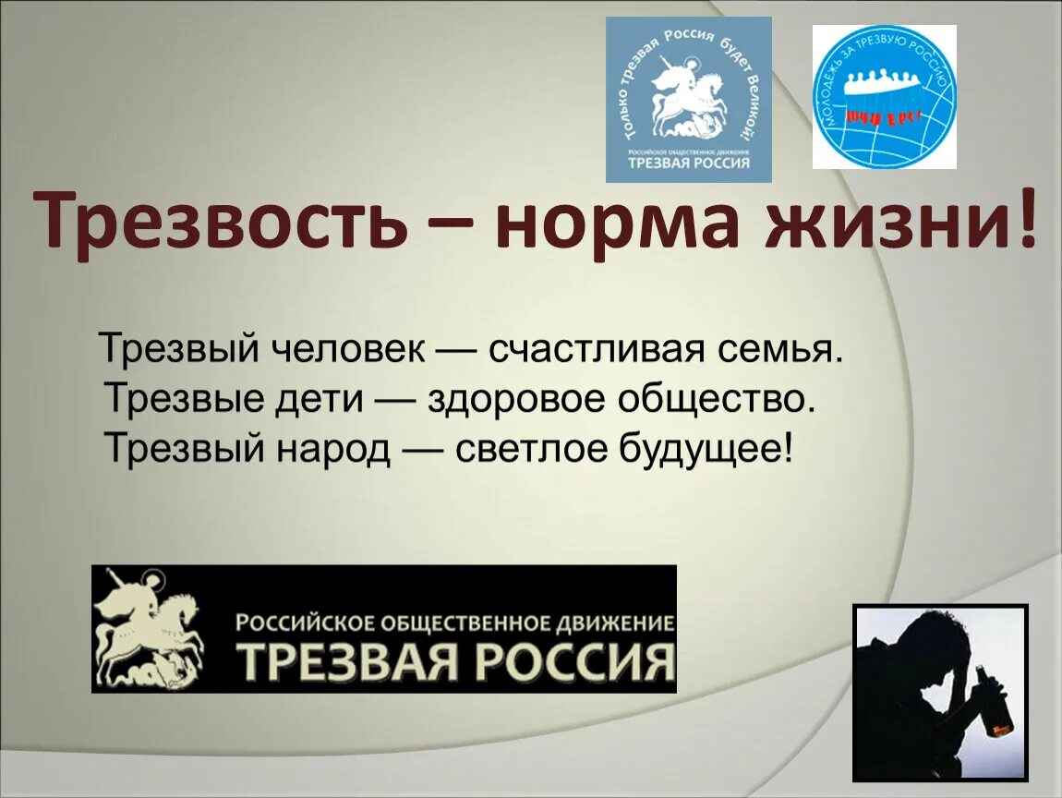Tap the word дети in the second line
click(319, 399)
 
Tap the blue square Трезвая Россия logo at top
click(688, 99)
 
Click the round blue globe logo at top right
click(884, 97)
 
